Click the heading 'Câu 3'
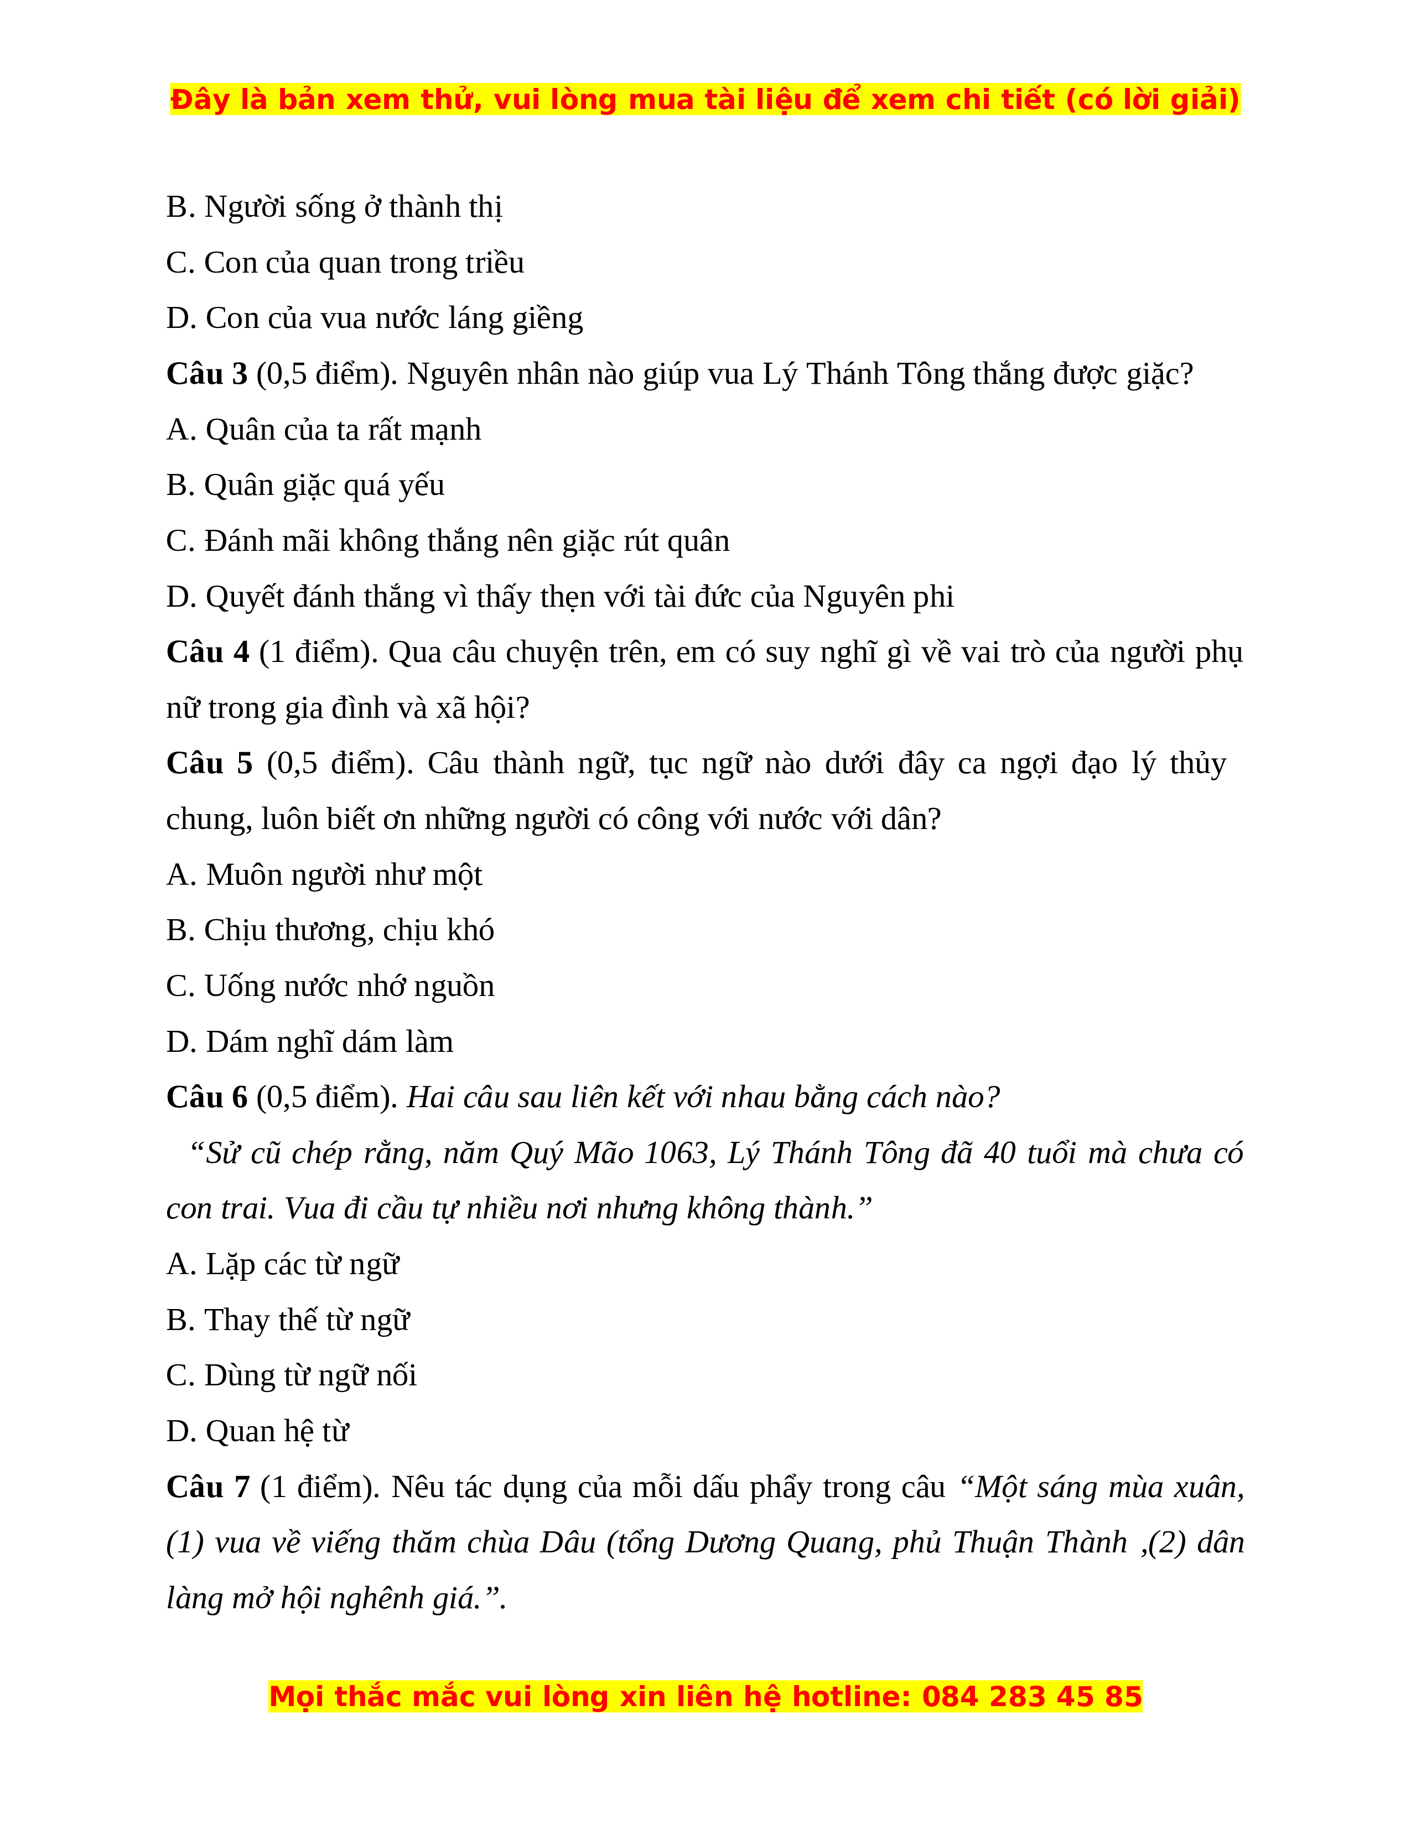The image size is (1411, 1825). click(x=206, y=373)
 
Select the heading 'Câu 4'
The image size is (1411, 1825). click(x=207, y=652)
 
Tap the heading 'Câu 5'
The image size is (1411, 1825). click(x=209, y=763)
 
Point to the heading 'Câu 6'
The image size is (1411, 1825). click(x=206, y=1097)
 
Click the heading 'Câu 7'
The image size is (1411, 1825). click(x=207, y=1487)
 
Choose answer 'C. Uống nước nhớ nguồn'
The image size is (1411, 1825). click(x=330, y=986)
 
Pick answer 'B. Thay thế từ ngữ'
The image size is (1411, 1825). click(x=288, y=1320)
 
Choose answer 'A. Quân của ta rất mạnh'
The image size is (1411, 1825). click(x=324, y=430)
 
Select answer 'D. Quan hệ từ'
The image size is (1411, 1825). click(x=257, y=1431)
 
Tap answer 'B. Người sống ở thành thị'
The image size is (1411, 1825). click(x=334, y=206)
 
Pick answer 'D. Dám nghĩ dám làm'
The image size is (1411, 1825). click(x=309, y=1042)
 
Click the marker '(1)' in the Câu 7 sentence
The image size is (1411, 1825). click(x=185, y=1542)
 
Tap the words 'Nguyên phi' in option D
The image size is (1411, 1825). click(x=878, y=597)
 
